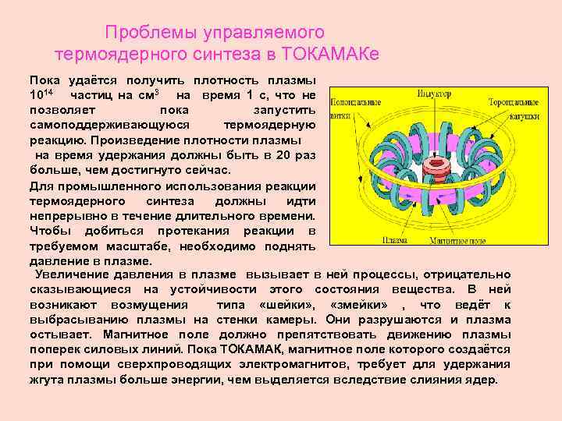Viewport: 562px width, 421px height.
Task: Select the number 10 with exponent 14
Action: click(41, 95)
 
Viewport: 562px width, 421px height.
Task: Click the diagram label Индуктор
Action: click(434, 94)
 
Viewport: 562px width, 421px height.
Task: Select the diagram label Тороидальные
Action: click(514, 103)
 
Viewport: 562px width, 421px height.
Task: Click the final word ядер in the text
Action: click(483, 380)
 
